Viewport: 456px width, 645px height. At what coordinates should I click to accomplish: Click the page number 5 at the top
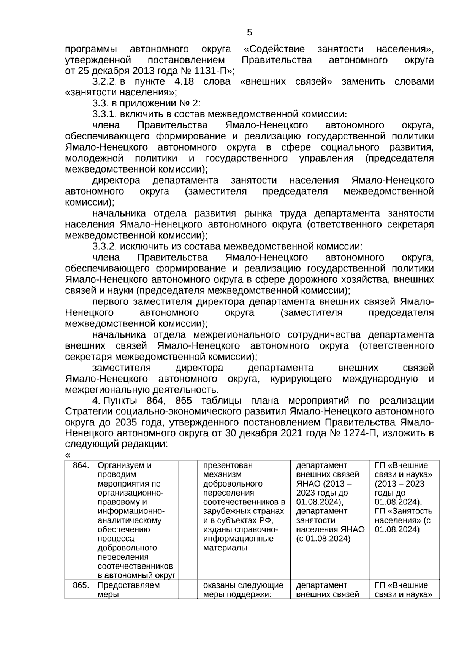249,32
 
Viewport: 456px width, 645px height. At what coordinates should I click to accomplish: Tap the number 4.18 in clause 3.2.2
184,81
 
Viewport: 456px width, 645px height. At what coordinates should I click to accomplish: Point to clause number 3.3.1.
105,114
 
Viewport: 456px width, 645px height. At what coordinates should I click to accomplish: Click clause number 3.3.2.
105,246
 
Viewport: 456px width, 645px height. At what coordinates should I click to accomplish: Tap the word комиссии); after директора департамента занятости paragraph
89,202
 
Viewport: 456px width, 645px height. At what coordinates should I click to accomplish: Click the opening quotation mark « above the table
68,455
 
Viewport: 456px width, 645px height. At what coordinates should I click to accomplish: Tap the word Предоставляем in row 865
129,585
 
